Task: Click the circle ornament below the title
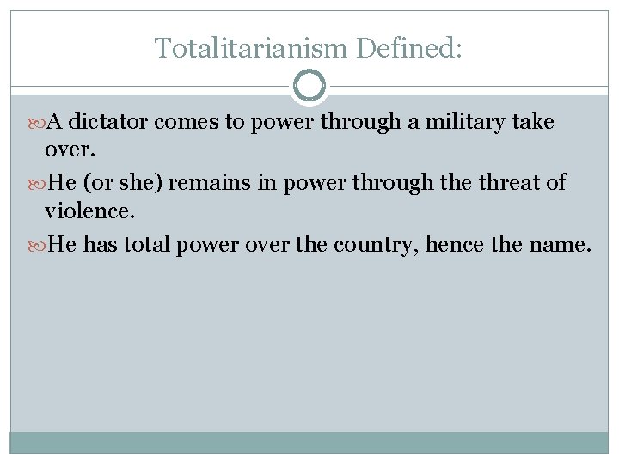pos(309,86)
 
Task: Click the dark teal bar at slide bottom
pos(309,442)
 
